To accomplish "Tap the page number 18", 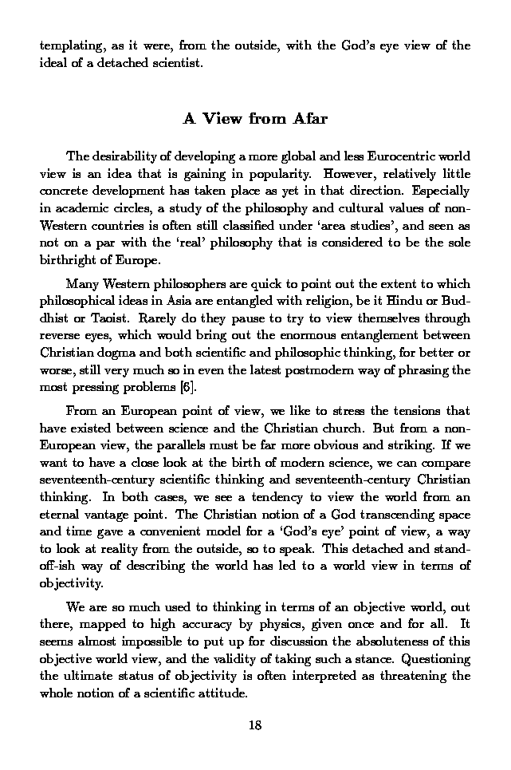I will pyautogui.click(x=255, y=725).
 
